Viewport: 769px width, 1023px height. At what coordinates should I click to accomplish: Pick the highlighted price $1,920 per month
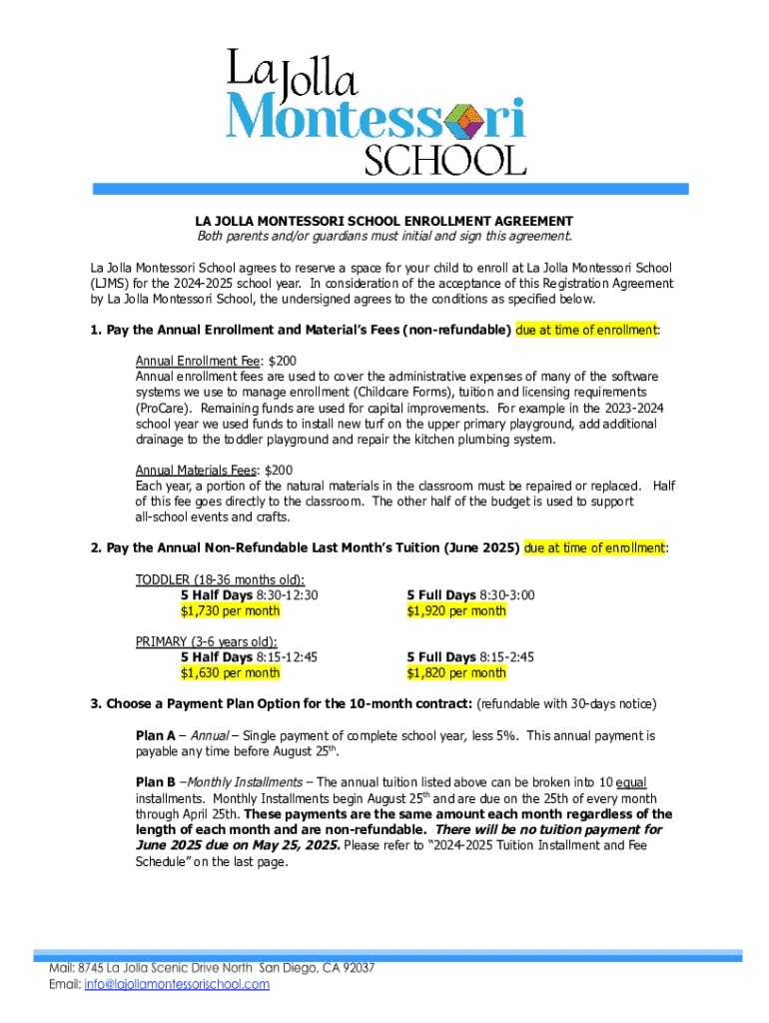(455, 610)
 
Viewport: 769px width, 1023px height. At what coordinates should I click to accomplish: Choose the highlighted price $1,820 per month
(455, 672)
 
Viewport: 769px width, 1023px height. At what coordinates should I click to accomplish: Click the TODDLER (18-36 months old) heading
(220, 579)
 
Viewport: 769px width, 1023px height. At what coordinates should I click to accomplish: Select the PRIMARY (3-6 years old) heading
(207, 641)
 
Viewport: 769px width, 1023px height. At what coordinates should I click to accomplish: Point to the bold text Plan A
(156, 735)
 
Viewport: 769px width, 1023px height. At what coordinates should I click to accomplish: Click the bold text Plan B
(156, 782)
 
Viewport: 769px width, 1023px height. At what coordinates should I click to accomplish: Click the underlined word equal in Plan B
(631, 782)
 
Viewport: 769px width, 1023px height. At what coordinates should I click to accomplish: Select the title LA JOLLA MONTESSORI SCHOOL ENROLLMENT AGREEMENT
(384, 221)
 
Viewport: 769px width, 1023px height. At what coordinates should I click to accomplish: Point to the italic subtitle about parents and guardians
(384, 237)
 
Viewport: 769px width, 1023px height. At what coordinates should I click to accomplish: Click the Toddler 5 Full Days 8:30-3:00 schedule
(469, 595)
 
